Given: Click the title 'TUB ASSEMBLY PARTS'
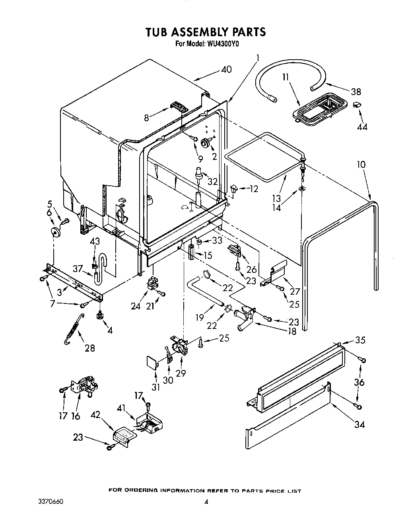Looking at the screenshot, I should [x=206, y=31].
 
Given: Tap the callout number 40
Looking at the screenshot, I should [x=226, y=69].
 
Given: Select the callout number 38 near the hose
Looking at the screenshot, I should [x=356, y=91].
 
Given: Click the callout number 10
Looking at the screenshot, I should [x=361, y=165].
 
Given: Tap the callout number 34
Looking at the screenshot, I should [x=360, y=424].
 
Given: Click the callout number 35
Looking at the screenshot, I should [x=360, y=340].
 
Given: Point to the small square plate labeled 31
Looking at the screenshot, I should [x=151, y=362].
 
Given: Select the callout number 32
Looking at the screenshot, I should [x=213, y=181].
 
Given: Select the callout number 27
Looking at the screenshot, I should [x=294, y=292].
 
